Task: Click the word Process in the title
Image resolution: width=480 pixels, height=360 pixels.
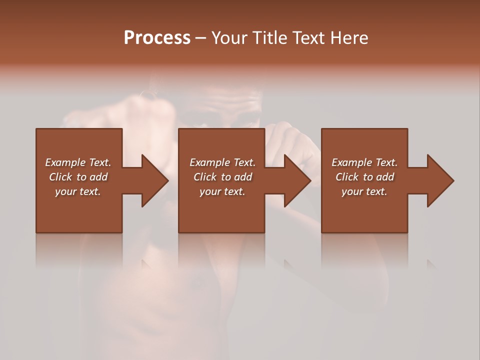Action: [157, 38]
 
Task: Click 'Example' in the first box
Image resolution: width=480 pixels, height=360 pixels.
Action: [65, 162]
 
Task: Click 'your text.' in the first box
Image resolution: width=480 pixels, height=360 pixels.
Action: [78, 191]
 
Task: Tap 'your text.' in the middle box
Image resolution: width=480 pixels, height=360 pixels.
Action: [222, 191]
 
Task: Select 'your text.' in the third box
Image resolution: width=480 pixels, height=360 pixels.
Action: [364, 191]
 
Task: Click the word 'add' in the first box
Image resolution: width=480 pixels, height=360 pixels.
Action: [98, 177]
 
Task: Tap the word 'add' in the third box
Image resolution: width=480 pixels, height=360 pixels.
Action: [385, 177]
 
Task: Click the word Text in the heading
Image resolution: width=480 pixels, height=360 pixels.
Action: [307, 38]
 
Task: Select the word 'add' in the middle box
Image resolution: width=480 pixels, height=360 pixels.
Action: [243, 177]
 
